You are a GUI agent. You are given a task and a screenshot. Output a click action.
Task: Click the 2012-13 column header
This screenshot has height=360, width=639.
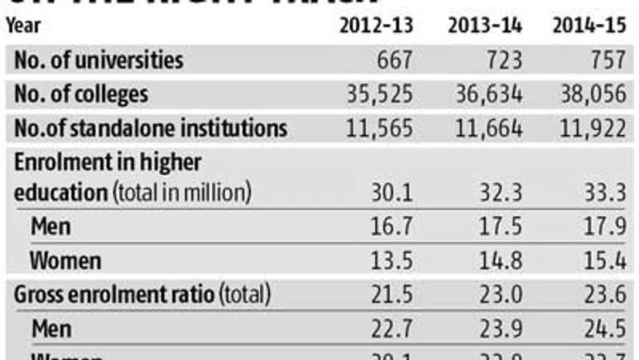377,26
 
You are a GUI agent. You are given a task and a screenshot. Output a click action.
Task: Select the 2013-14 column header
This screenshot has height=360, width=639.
485,26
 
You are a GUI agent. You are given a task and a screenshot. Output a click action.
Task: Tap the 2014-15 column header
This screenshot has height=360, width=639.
589,26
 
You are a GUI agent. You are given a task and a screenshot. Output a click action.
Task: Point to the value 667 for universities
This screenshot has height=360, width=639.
392,60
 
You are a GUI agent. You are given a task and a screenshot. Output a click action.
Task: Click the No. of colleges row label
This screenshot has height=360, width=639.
81,94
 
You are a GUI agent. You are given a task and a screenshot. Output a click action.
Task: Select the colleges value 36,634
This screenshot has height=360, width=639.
485,94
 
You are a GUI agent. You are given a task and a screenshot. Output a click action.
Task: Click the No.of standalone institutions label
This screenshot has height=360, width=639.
151,128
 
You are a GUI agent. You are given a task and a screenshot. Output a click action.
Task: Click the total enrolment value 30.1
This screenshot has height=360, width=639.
395,193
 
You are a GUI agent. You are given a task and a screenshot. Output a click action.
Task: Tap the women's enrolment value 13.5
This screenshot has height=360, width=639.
395,261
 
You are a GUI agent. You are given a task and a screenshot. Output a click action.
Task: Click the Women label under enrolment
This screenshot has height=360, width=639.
65,261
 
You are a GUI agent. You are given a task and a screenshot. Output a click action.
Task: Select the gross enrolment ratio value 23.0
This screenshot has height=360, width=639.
501,295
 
